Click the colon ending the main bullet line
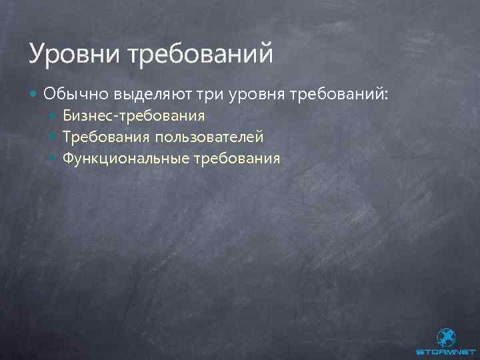383,94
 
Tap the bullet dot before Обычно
34,93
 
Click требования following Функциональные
237,158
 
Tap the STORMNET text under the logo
445,351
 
